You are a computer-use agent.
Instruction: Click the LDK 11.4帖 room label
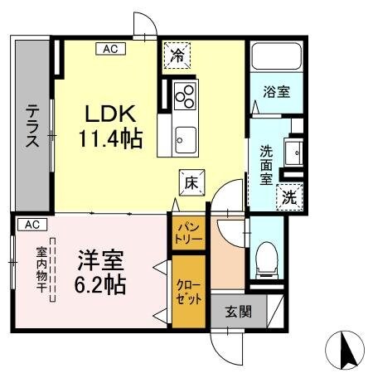(x=110, y=127)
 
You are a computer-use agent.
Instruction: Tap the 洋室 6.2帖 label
(x=102, y=274)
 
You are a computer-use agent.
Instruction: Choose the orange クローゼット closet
(x=187, y=291)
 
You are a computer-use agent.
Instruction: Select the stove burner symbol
(x=185, y=95)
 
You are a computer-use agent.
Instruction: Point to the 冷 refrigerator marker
(x=176, y=55)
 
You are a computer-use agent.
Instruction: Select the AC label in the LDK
(x=110, y=49)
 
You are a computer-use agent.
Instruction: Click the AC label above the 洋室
(x=30, y=225)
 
